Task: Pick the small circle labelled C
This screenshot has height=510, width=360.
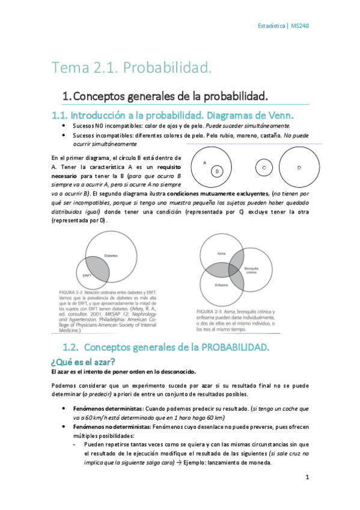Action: (x=264, y=168)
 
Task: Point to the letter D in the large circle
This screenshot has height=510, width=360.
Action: (x=299, y=168)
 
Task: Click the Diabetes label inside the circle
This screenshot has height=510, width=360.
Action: (x=111, y=255)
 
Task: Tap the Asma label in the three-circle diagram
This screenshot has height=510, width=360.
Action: (x=221, y=253)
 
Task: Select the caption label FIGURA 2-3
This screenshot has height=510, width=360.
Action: (x=211, y=312)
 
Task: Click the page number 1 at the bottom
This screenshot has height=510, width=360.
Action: (x=307, y=478)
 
